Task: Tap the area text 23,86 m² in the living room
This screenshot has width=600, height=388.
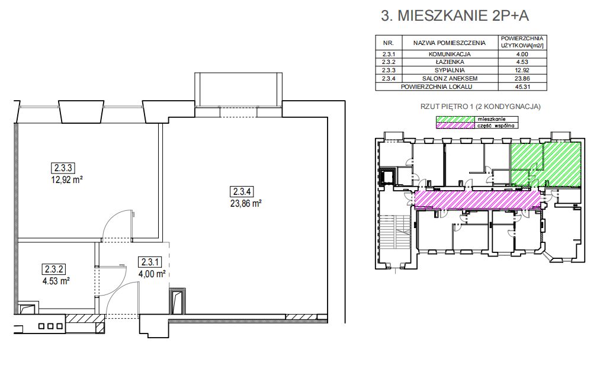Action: coord(246,204)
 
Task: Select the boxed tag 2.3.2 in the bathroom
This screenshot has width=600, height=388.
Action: coord(54,269)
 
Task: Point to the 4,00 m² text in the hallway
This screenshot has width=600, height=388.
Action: coord(152,274)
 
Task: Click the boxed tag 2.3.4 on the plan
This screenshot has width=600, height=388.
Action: coord(242,191)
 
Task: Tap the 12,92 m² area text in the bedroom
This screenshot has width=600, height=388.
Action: coord(68,179)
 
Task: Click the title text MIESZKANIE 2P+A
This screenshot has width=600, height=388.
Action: coord(463,16)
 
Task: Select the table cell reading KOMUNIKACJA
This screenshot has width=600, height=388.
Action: coord(449,54)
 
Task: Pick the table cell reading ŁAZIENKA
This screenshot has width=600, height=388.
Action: coord(449,62)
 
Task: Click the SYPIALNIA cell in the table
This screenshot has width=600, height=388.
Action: coord(449,70)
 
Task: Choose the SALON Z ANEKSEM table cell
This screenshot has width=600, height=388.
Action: coord(449,78)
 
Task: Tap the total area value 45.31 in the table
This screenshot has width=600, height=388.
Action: coord(522,87)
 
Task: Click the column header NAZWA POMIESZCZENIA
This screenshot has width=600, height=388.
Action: coord(449,43)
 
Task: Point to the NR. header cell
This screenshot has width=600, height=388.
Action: coord(389,43)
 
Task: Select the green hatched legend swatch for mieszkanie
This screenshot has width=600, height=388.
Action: coord(455,119)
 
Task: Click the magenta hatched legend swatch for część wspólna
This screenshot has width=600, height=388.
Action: coord(455,125)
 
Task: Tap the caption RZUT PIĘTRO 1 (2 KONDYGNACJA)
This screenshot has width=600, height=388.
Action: coord(480,107)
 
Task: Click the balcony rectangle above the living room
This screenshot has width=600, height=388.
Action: coord(238,89)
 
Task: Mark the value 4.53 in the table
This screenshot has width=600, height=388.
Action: coord(522,62)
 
